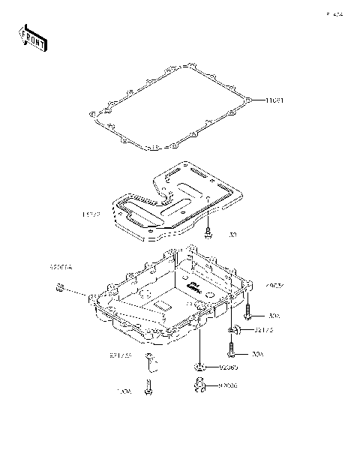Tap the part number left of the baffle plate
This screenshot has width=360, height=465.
(x=91, y=214)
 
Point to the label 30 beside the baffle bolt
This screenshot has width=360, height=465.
(x=232, y=235)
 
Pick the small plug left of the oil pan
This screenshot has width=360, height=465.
(x=60, y=289)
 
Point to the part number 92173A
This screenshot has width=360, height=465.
(x=120, y=355)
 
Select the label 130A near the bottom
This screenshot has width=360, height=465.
(x=123, y=391)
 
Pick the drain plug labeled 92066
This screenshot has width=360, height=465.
(x=198, y=385)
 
